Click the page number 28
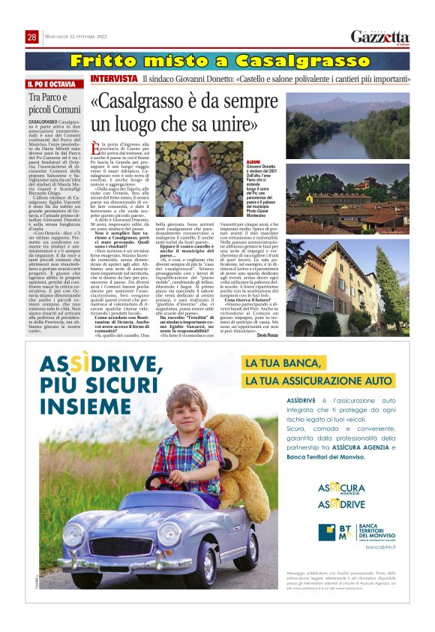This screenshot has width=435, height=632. tap(32, 37)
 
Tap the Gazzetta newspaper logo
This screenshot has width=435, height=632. tap(379, 37)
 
